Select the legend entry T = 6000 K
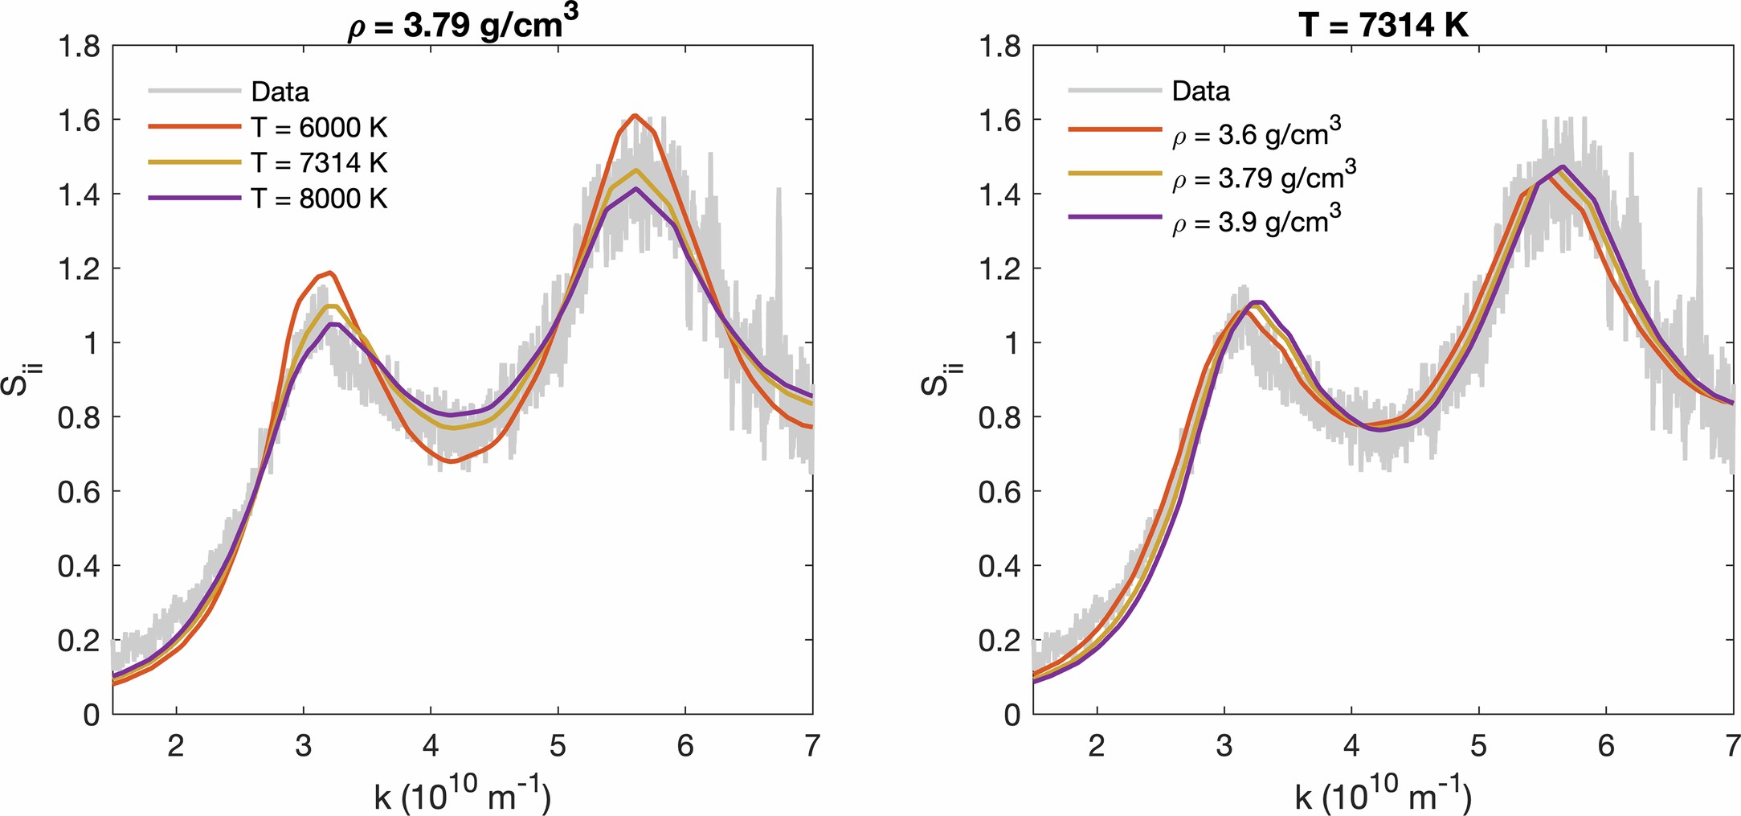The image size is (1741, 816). click(319, 127)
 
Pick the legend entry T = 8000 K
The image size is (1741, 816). click(319, 198)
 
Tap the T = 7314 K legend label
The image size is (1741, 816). click(319, 162)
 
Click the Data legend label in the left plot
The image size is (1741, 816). click(280, 92)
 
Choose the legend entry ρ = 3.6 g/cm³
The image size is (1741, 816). click(1256, 133)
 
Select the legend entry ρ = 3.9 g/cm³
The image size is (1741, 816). click(1256, 220)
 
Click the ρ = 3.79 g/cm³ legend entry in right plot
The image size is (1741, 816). click(1264, 177)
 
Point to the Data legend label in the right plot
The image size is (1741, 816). click(1200, 91)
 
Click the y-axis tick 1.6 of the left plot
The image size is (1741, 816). click(79, 121)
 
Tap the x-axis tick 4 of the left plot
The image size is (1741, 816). click(431, 746)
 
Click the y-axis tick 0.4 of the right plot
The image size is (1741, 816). click(999, 567)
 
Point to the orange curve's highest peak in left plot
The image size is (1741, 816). click(635, 116)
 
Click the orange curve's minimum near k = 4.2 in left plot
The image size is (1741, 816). click(450, 461)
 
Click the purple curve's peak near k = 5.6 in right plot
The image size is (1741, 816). click(1562, 167)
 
